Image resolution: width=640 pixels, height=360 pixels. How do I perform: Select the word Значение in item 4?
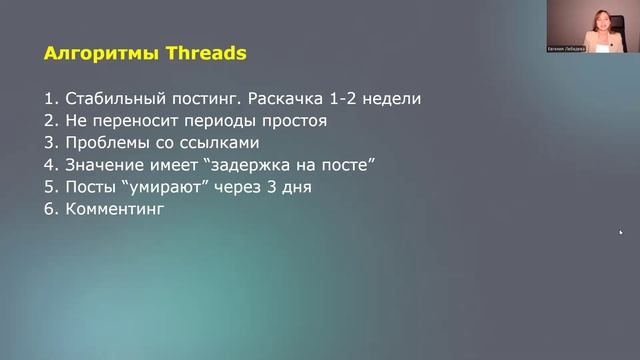[105, 165]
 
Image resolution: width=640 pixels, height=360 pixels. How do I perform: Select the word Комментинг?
[113, 209]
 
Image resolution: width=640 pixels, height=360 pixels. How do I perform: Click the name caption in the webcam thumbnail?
[568, 48]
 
